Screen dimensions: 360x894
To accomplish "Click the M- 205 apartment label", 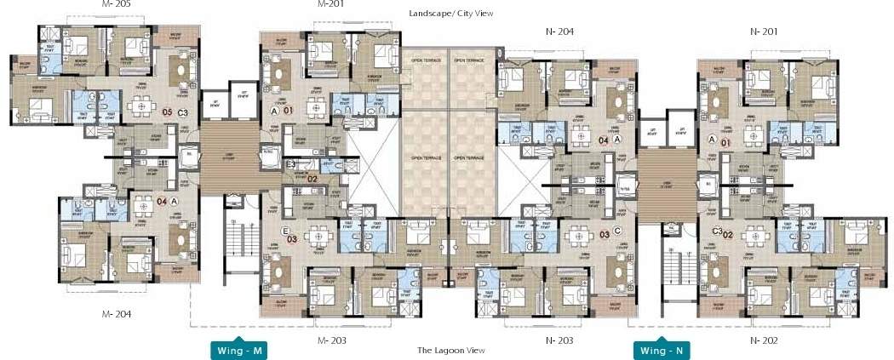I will pos(117,4).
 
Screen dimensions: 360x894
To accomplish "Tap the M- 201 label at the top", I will pos(330,4).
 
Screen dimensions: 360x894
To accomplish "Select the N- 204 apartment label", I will pos(559,31).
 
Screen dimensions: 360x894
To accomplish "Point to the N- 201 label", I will pos(764,31).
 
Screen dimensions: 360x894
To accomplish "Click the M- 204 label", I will pos(116,314).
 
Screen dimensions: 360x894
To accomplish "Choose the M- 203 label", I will pos(331,340).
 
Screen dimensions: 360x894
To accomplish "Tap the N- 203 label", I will pos(559,340).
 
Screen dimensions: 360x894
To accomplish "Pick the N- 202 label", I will pos(764,340).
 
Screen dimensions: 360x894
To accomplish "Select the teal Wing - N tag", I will pos(663,351).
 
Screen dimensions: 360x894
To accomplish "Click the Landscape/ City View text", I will pos(450,14).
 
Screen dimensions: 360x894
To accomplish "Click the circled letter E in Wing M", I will pos(274,231).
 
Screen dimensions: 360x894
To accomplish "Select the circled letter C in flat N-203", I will pos(619,231).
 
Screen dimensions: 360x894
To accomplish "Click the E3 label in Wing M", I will pos(291,163).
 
